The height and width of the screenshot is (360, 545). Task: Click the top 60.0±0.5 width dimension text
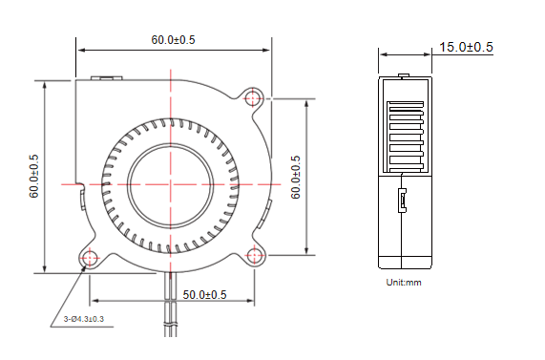(173, 40)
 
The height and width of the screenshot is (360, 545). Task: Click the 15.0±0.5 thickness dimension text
(466, 47)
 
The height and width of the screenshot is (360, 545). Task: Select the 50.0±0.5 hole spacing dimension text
(204, 295)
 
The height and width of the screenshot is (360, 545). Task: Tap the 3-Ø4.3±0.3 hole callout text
(84, 319)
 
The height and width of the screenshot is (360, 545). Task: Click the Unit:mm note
(404, 282)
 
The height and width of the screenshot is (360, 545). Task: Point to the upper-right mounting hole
(253, 97)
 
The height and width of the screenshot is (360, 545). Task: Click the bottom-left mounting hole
(90, 258)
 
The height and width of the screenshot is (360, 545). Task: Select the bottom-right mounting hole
(255, 255)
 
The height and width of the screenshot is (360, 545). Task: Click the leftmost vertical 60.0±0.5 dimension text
(33, 177)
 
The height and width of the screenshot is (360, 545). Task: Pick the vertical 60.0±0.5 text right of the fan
(296, 177)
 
